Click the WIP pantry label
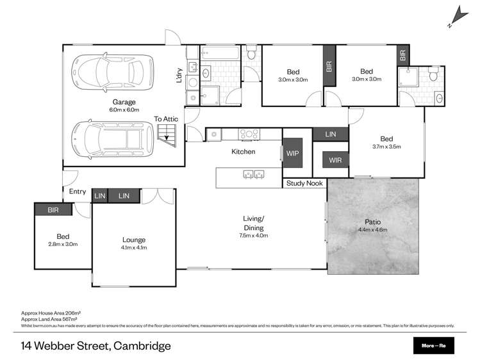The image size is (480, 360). [x=293, y=154]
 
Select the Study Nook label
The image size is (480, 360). [x=304, y=183]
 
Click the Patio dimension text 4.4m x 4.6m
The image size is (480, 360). [x=372, y=229]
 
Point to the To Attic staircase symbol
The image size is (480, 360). [x=166, y=133]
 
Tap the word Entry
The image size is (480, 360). [x=78, y=191]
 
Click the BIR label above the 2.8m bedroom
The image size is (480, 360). [x=54, y=209]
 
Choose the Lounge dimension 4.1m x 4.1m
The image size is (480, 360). [x=135, y=247]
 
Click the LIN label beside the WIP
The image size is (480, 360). [x=331, y=134]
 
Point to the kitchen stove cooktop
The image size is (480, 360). [x=249, y=134]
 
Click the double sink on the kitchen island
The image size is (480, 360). [x=251, y=174]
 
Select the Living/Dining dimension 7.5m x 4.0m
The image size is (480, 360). [x=254, y=236]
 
